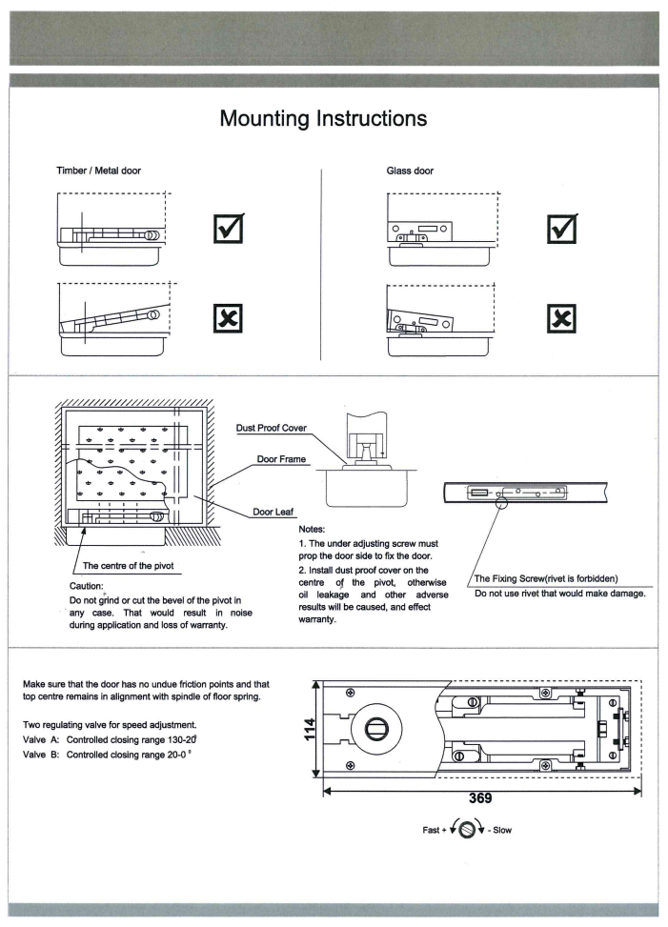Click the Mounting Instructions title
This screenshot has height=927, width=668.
323,119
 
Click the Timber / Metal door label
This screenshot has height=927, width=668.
100,171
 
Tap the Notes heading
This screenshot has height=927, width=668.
316,528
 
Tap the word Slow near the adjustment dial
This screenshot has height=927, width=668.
499,830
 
